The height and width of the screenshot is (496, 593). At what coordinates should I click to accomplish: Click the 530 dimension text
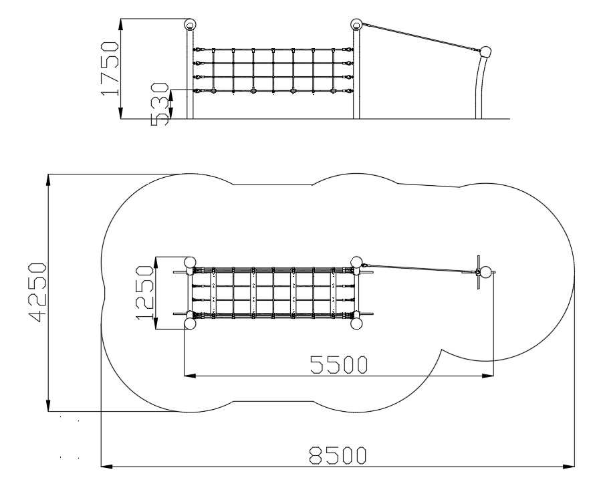coord(160,104)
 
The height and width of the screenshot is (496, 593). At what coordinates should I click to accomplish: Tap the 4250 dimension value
coord(37,293)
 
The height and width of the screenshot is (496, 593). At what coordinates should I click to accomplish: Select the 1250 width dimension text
coord(144,293)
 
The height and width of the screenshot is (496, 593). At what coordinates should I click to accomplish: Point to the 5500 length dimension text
coord(338,365)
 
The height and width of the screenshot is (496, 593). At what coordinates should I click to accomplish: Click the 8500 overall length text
coord(338,455)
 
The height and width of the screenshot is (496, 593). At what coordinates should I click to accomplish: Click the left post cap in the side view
coord(191,25)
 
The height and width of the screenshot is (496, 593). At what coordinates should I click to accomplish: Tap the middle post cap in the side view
coord(356,25)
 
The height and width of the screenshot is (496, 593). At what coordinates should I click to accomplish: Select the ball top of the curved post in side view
coord(485,51)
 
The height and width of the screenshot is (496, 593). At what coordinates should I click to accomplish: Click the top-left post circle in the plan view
coord(190,262)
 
